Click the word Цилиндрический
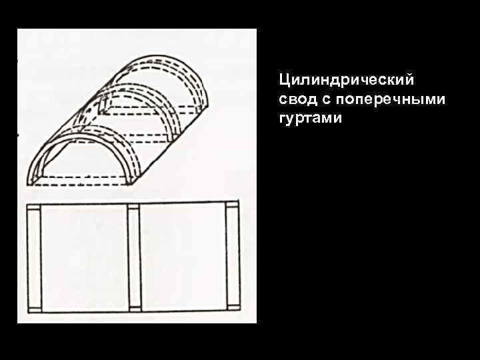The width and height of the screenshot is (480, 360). tap(347, 81)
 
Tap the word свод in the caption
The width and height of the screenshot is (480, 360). tap(296, 100)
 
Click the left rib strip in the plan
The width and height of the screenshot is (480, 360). tap(35, 257)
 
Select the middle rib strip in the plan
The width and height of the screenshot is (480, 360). tap(133, 257)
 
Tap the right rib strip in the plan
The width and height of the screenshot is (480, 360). tap(232, 257)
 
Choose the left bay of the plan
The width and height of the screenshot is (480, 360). tap(84, 257)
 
